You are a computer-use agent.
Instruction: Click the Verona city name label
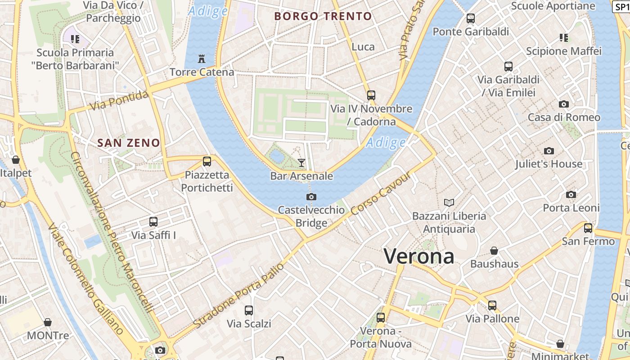[x=419, y=256]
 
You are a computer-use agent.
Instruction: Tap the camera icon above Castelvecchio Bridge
[x=311, y=197]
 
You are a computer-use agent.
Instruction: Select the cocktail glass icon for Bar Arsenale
[x=301, y=162]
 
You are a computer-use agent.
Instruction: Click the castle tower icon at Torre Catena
[x=202, y=58]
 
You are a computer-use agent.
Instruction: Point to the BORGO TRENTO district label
[x=323, y=17]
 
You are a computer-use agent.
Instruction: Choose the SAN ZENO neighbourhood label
[x=129, y=143]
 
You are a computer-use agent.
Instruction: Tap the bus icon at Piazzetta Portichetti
[x=207, y=161]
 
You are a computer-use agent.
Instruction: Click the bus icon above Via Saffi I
[x=153, y=221]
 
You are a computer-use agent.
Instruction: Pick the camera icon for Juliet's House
[x=549, y=151]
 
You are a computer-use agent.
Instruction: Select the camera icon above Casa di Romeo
[x=563, y=104]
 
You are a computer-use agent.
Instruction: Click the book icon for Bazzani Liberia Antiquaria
[x=449, y=202]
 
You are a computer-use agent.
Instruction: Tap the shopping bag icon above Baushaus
[x=494, y=250]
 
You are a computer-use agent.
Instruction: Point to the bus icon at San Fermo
[x=588, y=228]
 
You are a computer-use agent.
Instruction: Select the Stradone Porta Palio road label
[x=239, y=295]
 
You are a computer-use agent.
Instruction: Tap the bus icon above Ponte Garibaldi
[x=471, y=18]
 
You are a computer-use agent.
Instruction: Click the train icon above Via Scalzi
[x=249, y=310]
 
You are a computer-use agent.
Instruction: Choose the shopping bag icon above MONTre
[x=48, y=322]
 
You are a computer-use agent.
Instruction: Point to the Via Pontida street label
[x=119, y=101]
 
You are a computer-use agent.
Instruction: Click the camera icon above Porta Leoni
[x=571, y=194]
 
